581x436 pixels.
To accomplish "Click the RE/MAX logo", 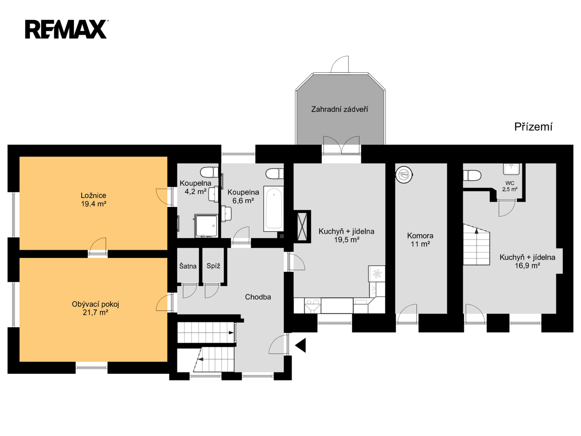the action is tap(66, 29).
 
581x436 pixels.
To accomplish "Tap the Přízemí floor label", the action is tap(533, 127).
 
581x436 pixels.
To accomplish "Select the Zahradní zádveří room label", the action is tap(339, 109).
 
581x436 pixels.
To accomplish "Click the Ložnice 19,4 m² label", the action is tap(94, 199).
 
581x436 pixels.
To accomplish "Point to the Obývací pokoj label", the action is tap(96, 304).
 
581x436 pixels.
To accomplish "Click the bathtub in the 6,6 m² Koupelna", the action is tap(274, 209).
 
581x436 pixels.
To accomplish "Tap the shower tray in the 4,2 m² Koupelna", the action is tap(206, 226).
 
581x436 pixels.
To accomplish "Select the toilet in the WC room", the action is tap(472, 176).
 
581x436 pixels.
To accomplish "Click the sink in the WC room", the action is tap(511, 169).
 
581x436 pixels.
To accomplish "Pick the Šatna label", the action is tap(188, 266).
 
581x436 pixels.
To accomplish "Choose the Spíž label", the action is tap(213, 266).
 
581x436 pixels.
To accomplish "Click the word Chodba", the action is tap(258, 297).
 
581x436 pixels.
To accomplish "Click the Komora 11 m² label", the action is tap(420, 239).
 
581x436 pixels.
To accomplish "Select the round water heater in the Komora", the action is tap(405, 174).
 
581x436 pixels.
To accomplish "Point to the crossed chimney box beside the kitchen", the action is tap(302, 226).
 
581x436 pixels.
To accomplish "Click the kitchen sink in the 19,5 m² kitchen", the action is tap(313, 306).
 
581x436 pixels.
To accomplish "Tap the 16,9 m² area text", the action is tap(527, 265).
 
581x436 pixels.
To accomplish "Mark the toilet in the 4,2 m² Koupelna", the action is tap(209, 172).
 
